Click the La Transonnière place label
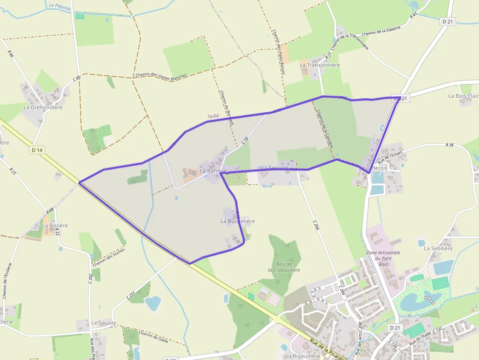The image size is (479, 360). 320,64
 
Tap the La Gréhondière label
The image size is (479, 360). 43,107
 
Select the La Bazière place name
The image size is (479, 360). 55,226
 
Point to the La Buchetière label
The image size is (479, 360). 238,221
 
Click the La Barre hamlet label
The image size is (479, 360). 210,171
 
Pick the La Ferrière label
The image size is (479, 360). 276,168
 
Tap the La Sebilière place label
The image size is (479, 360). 438,248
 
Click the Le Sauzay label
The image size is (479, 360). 104,323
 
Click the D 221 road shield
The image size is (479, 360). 400,98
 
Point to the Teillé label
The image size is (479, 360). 213,116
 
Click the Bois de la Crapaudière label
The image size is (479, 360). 283,267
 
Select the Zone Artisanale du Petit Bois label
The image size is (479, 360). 383,258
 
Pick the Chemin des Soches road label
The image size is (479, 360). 108,257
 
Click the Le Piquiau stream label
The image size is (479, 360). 59,6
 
